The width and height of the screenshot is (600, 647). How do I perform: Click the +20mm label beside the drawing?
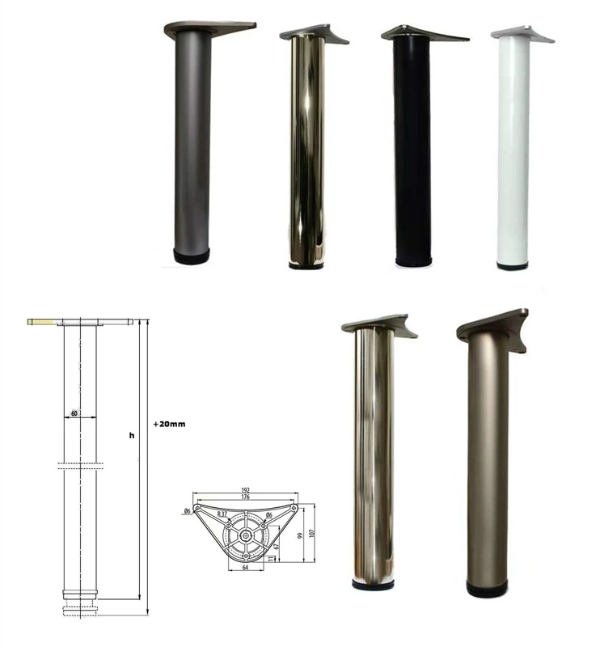(169, 423)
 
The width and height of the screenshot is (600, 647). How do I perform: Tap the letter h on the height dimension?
(132, 436)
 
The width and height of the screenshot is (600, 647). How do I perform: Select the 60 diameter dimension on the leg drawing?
(74, 413)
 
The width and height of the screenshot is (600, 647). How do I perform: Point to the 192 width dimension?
(246, 490)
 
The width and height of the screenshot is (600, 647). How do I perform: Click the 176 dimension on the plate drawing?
(246, 497)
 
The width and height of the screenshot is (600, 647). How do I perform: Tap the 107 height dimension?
(311, 533)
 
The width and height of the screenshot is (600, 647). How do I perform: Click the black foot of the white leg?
(512, 265)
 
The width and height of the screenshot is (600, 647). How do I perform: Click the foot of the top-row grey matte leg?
(192, 256)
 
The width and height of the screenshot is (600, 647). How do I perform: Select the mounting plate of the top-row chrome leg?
(314, 33)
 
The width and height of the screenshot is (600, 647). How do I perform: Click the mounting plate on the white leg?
(522, 34)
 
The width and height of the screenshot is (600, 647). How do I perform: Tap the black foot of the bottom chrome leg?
(373, 584)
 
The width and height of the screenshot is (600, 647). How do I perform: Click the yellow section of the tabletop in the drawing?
(41, 321)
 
